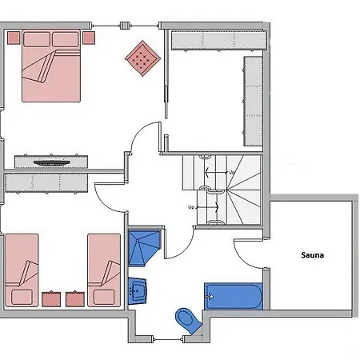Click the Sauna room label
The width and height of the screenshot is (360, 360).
click(313, 255)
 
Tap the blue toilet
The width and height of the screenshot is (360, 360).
click(188, 321)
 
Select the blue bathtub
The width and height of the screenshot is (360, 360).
click(234, 296)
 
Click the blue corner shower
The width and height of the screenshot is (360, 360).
click(144, 248)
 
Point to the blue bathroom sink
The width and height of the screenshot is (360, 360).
click(137, 291)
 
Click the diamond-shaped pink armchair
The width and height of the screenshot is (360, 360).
click(142, 58)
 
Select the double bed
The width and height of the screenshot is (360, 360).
click(51, 66)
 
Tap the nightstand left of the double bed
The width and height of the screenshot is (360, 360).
click(14, 38)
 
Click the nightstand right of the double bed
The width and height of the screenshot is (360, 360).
click(89, 38)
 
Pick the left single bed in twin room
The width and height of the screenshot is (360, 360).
click(22, 270)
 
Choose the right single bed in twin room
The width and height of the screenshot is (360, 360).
click(104, 270)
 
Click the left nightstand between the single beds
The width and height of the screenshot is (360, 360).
click(51, 299)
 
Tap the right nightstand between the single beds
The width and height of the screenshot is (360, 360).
click(75, 299)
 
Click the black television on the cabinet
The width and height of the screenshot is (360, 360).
click(52, 162)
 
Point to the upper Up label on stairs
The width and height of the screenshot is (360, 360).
click(232, 173)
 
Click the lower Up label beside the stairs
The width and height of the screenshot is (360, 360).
click(191, 207)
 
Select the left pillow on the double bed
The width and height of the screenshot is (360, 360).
click(37, 39)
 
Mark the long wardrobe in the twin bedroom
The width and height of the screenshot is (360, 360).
click(46, 183)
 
